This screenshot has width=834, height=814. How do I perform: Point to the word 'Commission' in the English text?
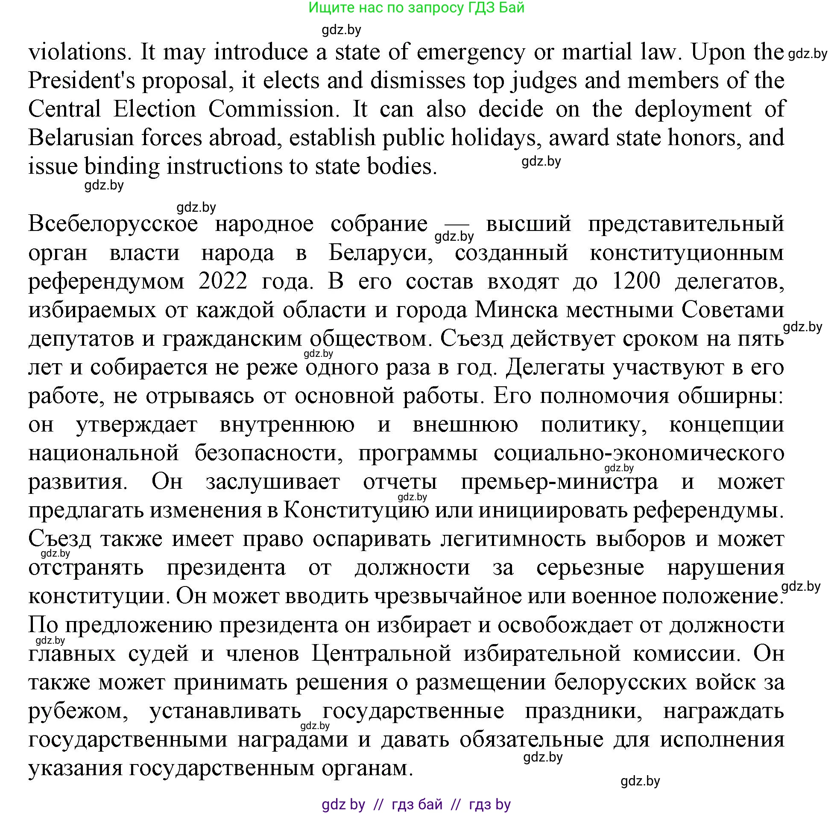coord(273,109)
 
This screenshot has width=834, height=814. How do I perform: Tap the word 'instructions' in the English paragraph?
coord(225,166)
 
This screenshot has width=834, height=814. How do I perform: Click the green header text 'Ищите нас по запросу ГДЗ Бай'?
coord(416,8)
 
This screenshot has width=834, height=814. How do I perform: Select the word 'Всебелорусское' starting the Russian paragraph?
coord(113,224)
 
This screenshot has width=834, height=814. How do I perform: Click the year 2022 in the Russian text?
coord(223,281)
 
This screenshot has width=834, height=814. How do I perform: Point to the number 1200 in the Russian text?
coord(636,281)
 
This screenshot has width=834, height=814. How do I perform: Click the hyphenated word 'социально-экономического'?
coord(638,453)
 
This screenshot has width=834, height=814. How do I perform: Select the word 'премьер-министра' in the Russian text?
coord(559,482)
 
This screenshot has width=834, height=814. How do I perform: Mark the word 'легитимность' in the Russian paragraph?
coord(513,539)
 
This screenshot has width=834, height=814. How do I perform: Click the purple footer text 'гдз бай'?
coord(417,804)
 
